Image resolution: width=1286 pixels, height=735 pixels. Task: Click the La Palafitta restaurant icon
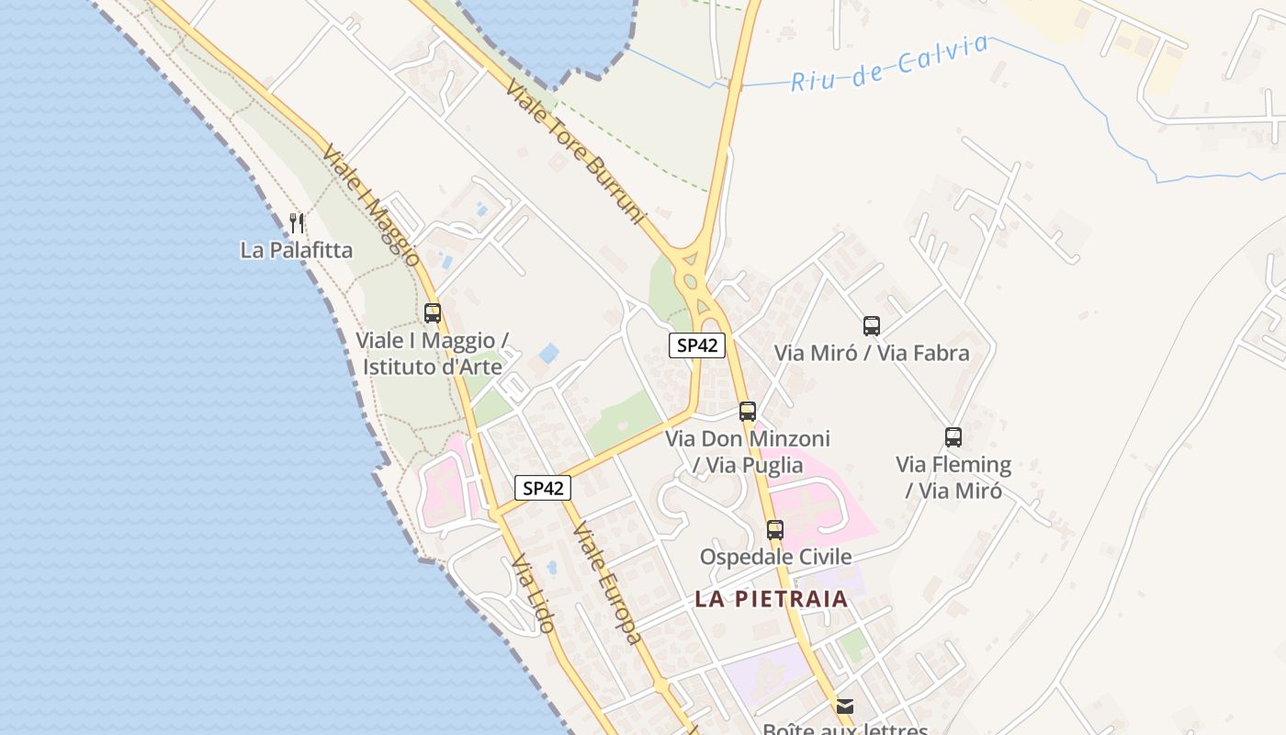coord(296,222)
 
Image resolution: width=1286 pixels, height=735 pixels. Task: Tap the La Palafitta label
coord(296,250)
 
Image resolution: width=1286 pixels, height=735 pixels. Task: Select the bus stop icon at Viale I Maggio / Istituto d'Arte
coord(433,313)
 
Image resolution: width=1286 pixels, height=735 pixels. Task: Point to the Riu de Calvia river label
coord(890,62)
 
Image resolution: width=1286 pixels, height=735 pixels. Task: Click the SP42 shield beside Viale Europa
coord(542,488)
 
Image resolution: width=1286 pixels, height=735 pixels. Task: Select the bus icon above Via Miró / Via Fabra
coord(871,326)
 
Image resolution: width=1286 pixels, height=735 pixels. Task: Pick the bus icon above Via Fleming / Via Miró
coord(953,437)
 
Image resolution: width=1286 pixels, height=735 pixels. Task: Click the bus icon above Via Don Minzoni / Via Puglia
coord(748,412)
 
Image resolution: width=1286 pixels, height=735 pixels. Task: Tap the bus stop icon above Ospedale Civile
coord(775,530)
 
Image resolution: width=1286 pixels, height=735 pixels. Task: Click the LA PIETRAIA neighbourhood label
coord(771,599)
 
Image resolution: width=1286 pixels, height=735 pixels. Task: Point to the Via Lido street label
coord(533,594)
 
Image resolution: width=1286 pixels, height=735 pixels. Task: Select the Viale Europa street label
coord(605,582)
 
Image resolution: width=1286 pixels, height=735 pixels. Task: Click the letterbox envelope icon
coord(844,707)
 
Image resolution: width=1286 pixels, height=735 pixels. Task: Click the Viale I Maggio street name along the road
coord(371,205)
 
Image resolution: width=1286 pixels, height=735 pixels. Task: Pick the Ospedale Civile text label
coord(775,557)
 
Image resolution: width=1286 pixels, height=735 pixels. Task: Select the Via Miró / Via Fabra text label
coord(871,353)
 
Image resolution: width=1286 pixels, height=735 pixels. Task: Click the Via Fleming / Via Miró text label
coord(953,477)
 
